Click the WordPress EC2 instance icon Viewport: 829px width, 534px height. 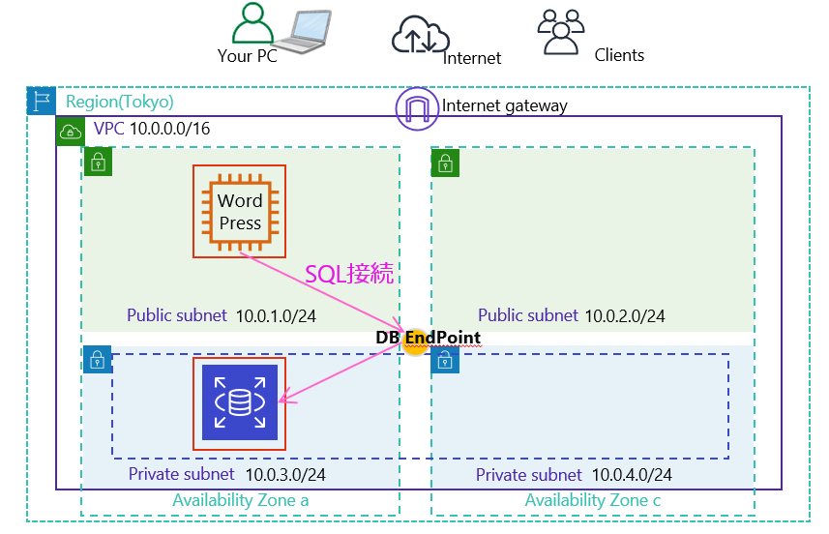(240, 211)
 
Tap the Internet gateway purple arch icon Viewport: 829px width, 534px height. (417, 106)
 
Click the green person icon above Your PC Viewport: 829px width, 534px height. (252, 23)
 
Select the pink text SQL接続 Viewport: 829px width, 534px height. (349, 274)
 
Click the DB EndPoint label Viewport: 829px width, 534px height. (429, 337)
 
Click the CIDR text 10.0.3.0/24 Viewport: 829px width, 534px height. (285, 474)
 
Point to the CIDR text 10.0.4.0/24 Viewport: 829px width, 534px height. (632, 475)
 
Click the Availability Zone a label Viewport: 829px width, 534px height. (241, 500)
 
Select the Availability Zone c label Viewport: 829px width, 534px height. (593, 500)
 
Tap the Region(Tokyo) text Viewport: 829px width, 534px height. (120, 102)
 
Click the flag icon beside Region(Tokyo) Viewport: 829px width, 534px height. (41, 101)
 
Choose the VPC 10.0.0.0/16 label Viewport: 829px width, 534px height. (152, 129)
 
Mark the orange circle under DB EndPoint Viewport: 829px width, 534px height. (415, 346)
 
